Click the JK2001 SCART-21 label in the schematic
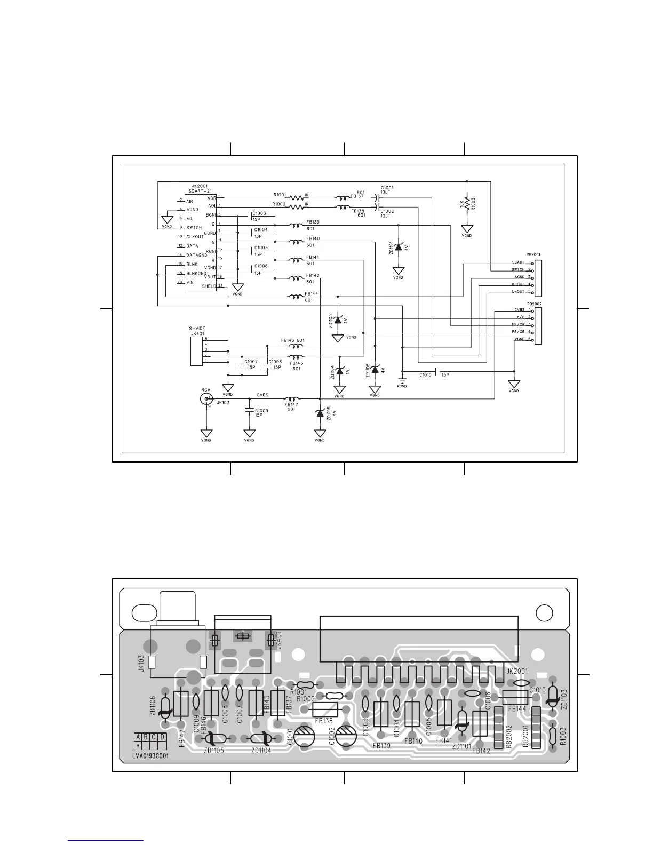(199, 189)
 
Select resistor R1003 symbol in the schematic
(467, 203)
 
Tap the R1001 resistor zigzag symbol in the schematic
(296, 197)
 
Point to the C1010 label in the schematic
(425, 375)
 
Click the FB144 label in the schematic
(312, 293)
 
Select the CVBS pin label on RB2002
(519, 310)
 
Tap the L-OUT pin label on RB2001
(518, 292)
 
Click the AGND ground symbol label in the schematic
(402, 386)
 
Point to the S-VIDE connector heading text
(197, 329)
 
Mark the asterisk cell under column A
(138, 746)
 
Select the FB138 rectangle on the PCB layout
(325, 709)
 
